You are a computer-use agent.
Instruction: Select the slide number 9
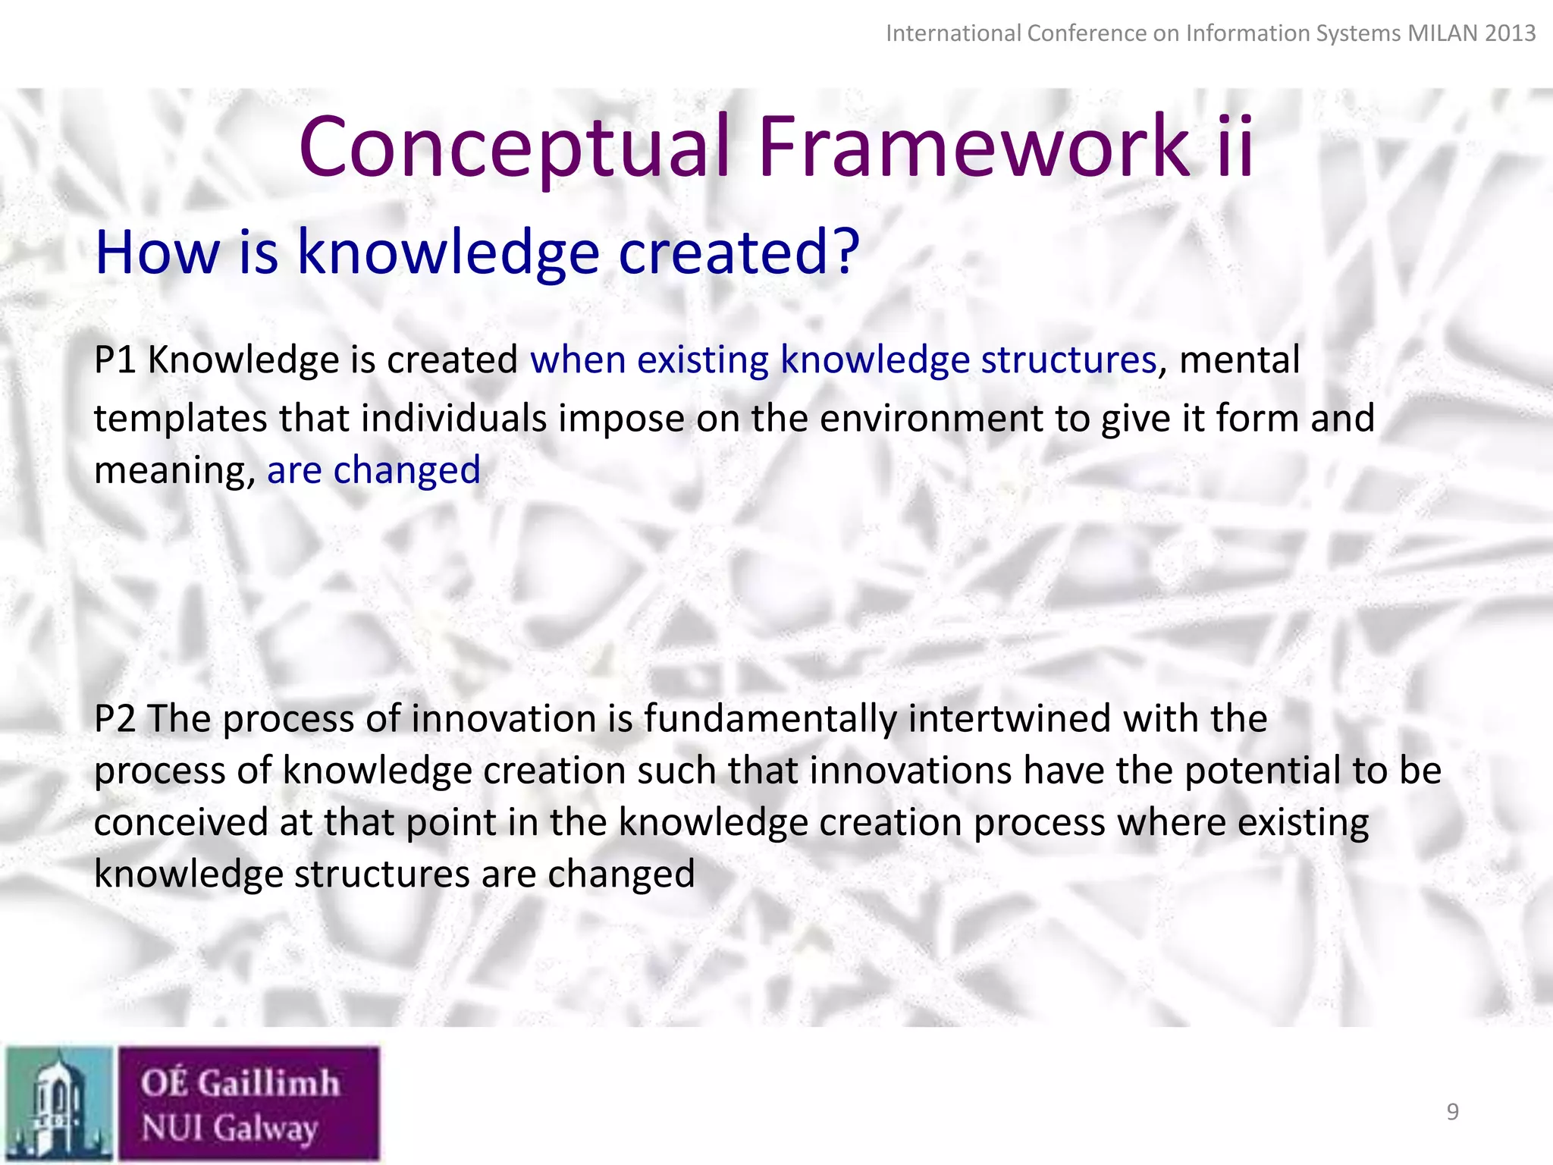tap(1452, 1111)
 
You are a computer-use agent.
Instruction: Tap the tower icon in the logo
tap(59, 1104)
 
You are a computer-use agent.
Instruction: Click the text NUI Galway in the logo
tap(229, 1128)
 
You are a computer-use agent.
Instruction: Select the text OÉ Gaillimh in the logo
tap(240, 1082)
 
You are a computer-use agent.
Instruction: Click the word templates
tap(180, 419)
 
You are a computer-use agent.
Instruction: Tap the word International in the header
tap(953, 33)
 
